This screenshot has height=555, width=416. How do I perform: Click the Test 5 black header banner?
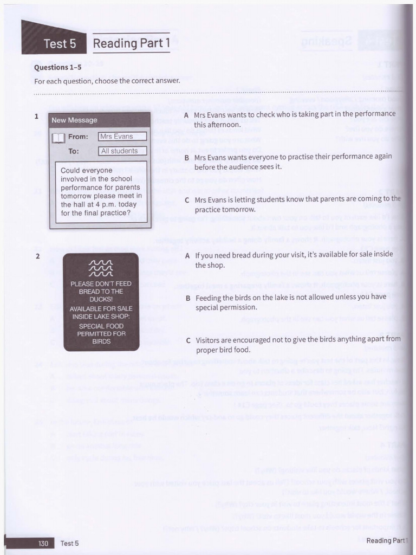(57, 43)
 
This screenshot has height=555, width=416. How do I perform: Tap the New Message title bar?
(100, 120)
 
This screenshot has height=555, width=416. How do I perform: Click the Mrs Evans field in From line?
(122, 137)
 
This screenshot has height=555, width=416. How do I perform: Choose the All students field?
(122, 151)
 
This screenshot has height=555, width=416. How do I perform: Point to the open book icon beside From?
(58, 138)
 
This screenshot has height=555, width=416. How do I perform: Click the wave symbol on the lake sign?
(101, 268)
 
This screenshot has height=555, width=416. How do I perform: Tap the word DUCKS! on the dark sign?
(101, 299)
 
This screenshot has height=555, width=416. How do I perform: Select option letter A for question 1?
(186, 115)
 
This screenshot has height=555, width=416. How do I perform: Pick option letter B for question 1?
(186, 158)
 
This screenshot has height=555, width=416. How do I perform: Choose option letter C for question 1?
(186, 200)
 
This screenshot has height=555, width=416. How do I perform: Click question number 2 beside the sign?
(37, 256)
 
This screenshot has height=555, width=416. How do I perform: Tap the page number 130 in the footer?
(44, 543)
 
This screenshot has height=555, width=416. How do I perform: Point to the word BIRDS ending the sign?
(101, 341)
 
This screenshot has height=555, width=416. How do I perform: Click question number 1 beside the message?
(36, 116)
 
